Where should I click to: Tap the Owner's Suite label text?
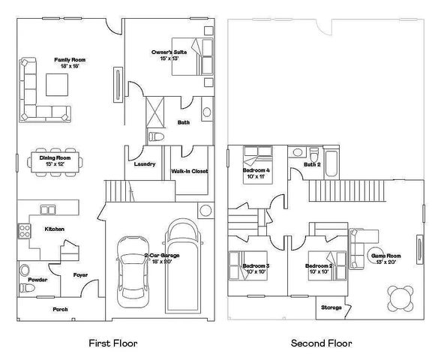tap(164, 52)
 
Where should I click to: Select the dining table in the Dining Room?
tap(55, 162)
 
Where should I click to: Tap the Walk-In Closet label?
tap(190, 171)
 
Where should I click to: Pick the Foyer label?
tap(80, 274)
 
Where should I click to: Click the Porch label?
tap(60, 309)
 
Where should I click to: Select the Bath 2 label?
tap(312, 164)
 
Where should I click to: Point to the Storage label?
tap(331, 307)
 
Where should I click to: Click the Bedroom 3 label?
tap(256, 266)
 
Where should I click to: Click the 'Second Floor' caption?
tap(321, 343)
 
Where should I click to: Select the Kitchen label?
tap(54, 229)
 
